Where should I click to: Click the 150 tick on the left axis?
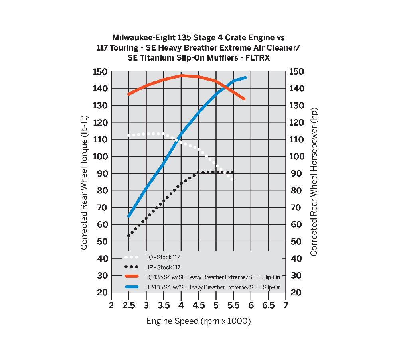click(100, 72)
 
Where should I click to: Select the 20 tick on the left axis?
click(102, 293)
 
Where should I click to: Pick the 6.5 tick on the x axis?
click(268, 305)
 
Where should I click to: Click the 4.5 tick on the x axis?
click(198, 305)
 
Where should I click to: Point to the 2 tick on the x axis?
click(111, 305)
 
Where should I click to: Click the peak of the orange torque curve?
click(182, 75)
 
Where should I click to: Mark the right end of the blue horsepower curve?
click(245, 77)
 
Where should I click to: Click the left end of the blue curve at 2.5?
click(129, 216)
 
